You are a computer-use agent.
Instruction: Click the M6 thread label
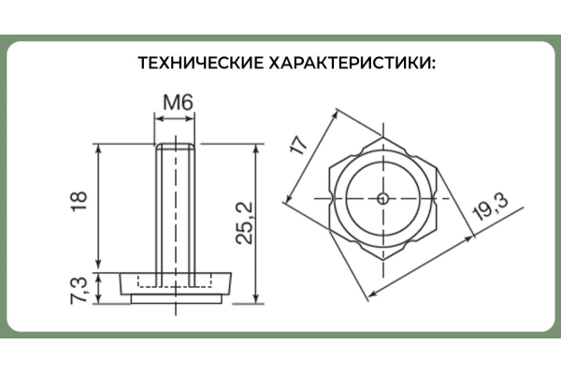click(x=178, y=102)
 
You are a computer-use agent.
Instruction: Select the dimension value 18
click(x=79, y=202)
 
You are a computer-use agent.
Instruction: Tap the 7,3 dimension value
click(x=79, y=290)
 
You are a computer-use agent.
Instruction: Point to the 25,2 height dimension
click(x=244, y=223)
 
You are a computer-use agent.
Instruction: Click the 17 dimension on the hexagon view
click(x=299, y=144)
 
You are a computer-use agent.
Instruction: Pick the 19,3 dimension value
click(x=490, y=207)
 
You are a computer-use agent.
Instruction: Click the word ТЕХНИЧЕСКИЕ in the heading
click(x=201, y=63)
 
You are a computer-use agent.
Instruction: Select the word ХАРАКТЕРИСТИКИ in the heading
click(x=352, y=63)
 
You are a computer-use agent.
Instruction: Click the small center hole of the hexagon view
click(x=383, y=198)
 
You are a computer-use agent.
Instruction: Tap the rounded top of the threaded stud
click(x=176, y=146)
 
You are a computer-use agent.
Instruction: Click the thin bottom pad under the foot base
click(x=176, y=299)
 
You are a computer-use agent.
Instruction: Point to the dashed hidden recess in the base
click(x=175, y=280)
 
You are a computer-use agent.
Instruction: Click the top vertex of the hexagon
click(x=383, y=137)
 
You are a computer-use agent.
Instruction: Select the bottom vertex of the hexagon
click(x=383, y=260)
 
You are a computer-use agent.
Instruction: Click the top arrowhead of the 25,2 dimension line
click(x=255, y=149)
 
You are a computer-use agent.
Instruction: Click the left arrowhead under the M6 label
click(x=160, y=118)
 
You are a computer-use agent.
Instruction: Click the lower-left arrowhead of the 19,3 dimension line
click(x=373, y=294)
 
